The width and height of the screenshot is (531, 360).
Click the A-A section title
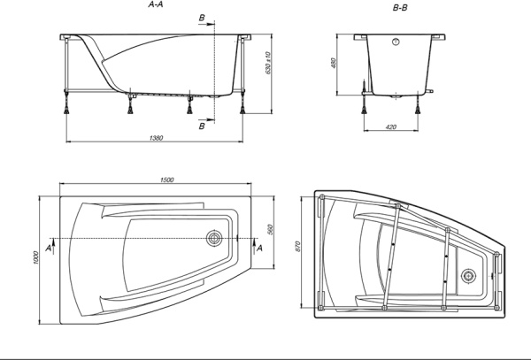click(x=156, y=4)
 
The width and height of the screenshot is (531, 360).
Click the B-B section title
click(x=400, y=7)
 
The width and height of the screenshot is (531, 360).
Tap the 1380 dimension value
click(x=156, y=138)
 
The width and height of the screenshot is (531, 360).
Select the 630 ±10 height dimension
click(x=268, y=63)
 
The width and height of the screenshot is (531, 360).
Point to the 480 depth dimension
click(x=333, y=63)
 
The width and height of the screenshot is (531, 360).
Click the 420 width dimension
click(x=391, y=126)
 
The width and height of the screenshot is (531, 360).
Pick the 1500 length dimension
click(x=166, y=180)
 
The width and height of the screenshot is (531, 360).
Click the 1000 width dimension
click(x=36, y=257)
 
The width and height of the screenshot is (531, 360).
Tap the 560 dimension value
click(x=270, y=229)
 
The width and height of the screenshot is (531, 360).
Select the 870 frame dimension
click(x=297, y=246)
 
